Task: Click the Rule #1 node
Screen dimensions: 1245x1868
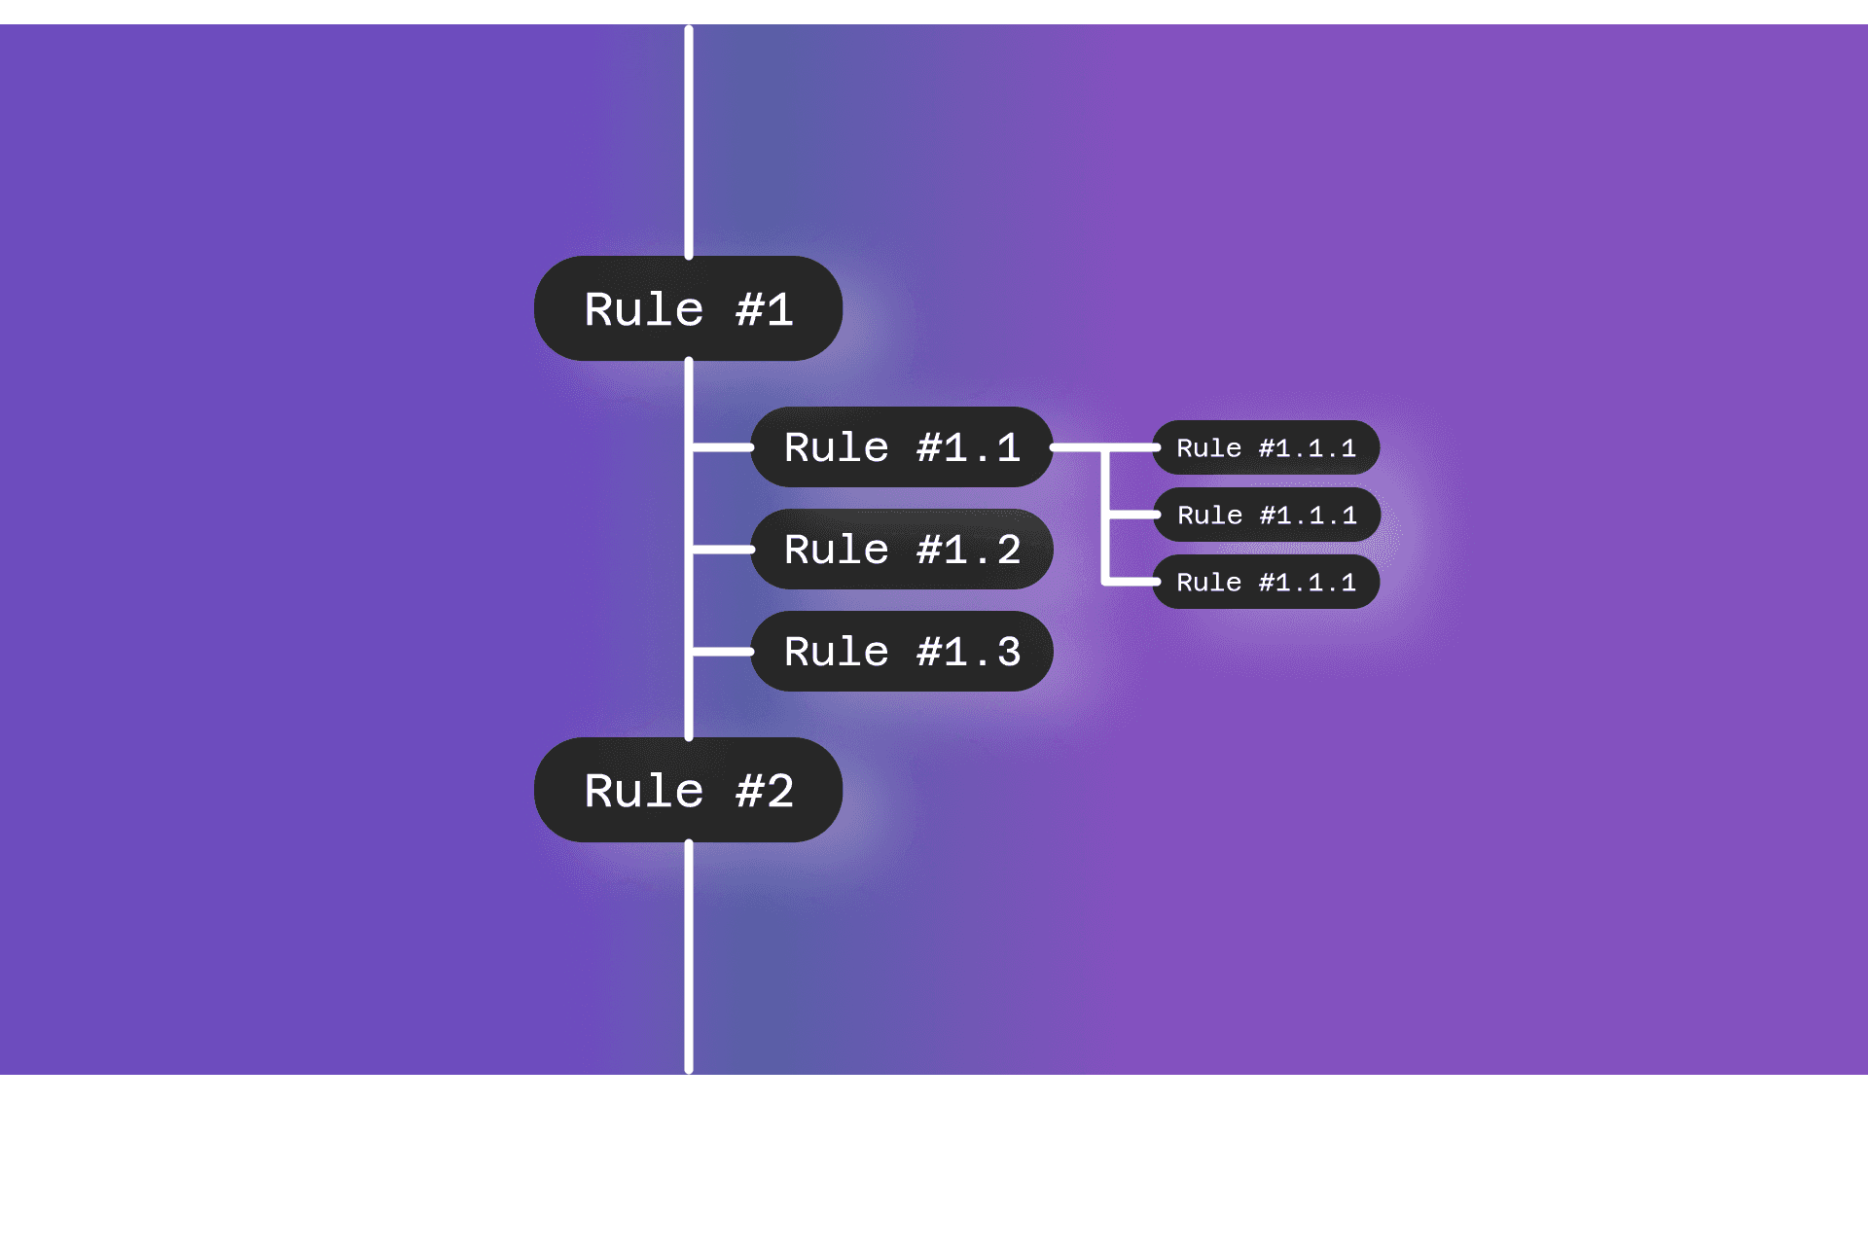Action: [688, 308]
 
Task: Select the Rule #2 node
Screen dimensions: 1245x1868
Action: [688, 790]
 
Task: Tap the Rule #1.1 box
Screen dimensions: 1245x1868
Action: [901, 447]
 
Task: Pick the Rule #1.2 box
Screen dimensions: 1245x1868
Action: [901, 550]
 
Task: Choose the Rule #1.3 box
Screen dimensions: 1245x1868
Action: [901, 652]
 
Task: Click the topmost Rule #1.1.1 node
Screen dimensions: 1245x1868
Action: [1266, 447]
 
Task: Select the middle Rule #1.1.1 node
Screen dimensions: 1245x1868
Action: [1266, 515]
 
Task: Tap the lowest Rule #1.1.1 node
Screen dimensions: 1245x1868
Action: [1266, 582]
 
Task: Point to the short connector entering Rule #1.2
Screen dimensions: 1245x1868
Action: [722, 550]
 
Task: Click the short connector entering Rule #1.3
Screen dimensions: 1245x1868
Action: [722, 652]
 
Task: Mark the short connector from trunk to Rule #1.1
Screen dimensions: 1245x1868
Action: [722, 447]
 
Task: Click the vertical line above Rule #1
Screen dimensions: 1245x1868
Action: [689, 142]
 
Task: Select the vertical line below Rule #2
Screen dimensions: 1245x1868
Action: [689, 958]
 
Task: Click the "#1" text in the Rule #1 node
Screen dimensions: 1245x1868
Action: [765, 309]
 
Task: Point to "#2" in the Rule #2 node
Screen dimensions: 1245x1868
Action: [765, 791]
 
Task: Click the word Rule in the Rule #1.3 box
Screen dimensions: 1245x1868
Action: [837, 652]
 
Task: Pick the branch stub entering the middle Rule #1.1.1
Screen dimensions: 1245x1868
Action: [1132, 515]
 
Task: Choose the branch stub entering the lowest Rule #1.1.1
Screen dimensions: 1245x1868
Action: [1132, 582]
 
